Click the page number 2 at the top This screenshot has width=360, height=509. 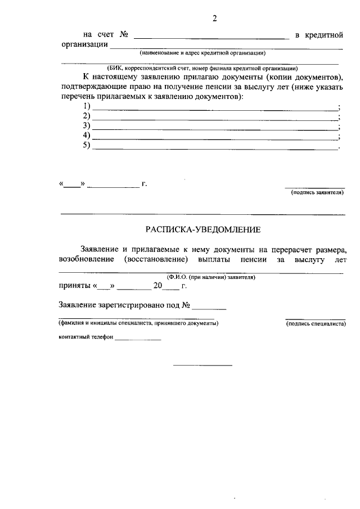coord(214,18)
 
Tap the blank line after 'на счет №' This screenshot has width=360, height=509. coord(211,38)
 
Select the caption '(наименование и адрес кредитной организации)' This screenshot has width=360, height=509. coord(203,53)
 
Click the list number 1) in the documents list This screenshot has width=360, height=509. coord(87,106)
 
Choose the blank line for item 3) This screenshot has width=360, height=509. coord(215,129)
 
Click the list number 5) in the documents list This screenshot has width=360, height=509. coord(87,146)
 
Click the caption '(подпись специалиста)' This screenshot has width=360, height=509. coord(316,324)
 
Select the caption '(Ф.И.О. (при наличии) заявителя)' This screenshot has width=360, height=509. coord(210,277)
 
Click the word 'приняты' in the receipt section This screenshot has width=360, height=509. coord(75,286)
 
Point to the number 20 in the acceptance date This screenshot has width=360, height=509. coord(158,286)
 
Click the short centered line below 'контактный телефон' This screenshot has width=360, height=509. coord(202,366)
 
